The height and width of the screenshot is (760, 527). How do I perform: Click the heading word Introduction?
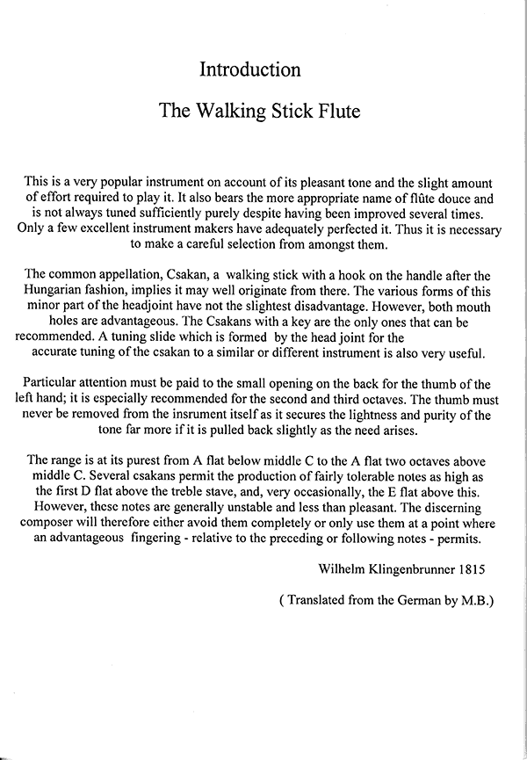pyautogui.click(x=250, y=69)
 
